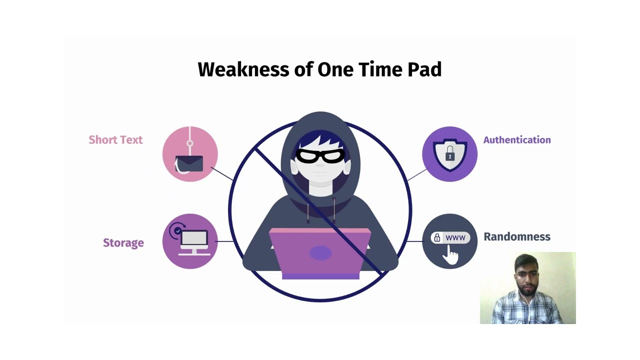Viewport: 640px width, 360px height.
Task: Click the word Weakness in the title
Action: (243, 69)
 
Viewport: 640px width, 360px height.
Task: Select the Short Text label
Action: (115, 139)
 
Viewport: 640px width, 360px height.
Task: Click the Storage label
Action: (123, 243)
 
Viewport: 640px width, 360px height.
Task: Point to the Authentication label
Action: (517, 139)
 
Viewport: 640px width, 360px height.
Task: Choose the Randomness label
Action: (517, 236)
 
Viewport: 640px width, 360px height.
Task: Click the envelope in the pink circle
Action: (189, 163)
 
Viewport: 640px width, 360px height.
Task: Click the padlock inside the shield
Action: (450, 153)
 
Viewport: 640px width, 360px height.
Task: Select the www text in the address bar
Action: (455, 237)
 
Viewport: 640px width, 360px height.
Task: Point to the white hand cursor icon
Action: (450, 255)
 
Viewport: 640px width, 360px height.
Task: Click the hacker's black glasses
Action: (320, 155)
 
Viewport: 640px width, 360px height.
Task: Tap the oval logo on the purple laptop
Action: (320, 253)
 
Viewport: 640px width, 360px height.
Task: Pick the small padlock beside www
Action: (437, 237)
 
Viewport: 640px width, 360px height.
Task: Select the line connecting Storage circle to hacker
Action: (224, 241)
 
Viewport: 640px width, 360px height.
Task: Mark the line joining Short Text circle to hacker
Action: (222, 173)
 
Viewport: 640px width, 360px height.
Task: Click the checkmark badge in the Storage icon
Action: (178, 230)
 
